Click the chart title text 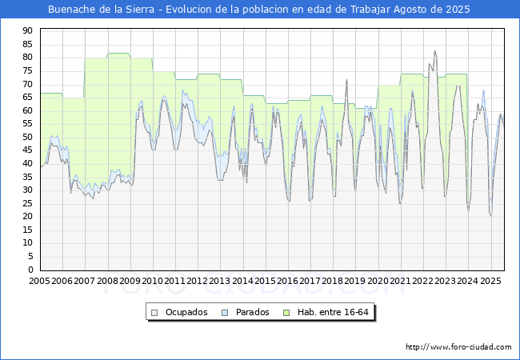coord(258,10)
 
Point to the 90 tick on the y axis coord(27,31)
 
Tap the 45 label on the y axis coord(27,150)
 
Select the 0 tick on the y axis coord(30,270)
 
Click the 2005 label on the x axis coord(39,281)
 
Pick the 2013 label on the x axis coord(219,281)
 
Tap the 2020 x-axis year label coord(378,281)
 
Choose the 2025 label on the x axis coord(490,281)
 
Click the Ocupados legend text coord(186,312)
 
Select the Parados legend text coord(252,312)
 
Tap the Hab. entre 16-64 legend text coord(333,312)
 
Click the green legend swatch coord(286,313)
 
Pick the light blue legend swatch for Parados coord(225,313)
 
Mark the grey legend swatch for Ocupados coord(154,313)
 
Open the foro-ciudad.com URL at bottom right coord(458,347)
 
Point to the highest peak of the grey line coord(434,51)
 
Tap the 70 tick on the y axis coord(27,84)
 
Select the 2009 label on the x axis coord(130,281)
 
